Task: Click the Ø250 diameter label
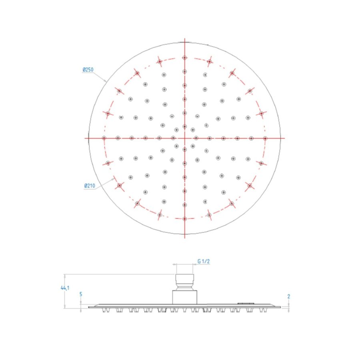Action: tap(88, 70)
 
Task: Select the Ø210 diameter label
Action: tap(89, 186)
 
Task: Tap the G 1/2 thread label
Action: tap(204, 261)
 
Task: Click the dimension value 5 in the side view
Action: tap(81, 294)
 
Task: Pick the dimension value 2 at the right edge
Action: tap(288, 296)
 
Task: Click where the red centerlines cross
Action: tap(184, 138)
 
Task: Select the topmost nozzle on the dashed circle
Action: tap(184, 58)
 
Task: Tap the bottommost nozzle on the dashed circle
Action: tap(184, 219)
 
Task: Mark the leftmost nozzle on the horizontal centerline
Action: tap(104, 138)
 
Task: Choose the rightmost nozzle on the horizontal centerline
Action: tap(265, 138)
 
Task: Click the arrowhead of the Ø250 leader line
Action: tap(106, 81)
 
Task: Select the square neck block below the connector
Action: tap(184, 297)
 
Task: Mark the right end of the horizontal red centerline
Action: tap(284, 138)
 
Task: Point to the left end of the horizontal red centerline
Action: tap(85, 138)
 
